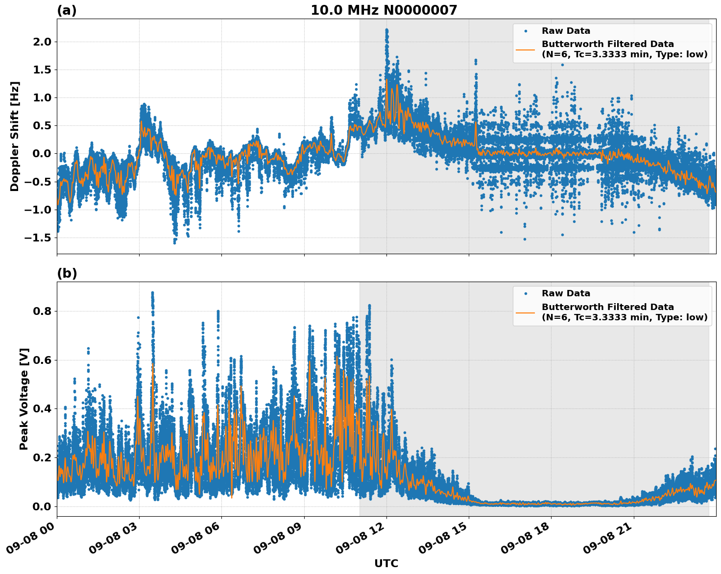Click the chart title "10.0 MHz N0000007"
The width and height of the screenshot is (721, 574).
point(384,10)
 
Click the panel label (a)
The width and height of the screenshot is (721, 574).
point(67,10)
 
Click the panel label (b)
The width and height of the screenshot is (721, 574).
point(67,273)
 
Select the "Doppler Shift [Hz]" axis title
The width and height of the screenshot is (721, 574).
point(15,136)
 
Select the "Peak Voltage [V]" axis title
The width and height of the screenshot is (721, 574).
point(24,399)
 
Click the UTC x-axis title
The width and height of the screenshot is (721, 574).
point(386,563)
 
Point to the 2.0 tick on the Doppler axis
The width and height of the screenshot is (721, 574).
point(41,42)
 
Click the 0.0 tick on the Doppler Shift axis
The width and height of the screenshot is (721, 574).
point(41,154)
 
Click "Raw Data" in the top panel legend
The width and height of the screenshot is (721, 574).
point(566,31)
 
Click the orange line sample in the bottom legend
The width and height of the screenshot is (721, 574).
point(525,312)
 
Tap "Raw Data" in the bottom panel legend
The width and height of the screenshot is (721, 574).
point(566,293)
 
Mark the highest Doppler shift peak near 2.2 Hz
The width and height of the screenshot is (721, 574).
point(386,30)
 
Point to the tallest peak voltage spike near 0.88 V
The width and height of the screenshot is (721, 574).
point(152,293)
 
